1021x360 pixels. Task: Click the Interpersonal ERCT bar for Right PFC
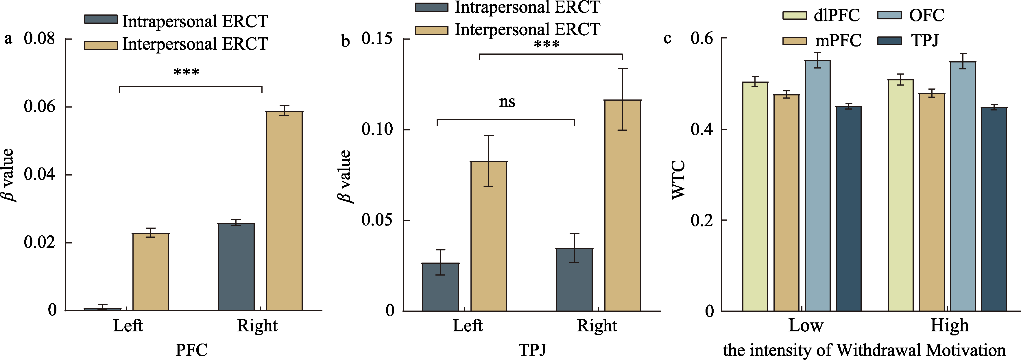tap(284, 211)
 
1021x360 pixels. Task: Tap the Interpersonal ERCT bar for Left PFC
tap(151, 272)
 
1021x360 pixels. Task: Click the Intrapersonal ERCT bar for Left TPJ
tap(440, 287)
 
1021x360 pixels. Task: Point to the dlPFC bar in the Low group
tap(755, 196)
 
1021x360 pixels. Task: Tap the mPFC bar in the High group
tap(932, 202)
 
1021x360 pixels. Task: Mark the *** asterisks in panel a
tap(186, 73)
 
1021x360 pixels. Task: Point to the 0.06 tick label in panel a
tap(39, 107)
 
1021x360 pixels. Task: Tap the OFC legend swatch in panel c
tap(889, 15)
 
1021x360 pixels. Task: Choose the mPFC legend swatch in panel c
tap(794, 41)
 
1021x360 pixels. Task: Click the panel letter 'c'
tap(667, 38)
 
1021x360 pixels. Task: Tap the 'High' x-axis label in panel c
tap(949, 326)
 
